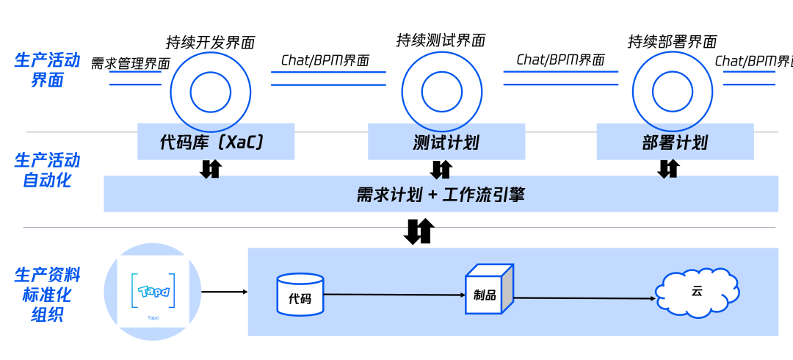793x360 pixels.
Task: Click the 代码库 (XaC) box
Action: [215, 143]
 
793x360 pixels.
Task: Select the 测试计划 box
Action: [446, 143]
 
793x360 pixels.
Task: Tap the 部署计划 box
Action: [675, 143]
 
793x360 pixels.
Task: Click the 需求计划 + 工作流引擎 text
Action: [441, 195]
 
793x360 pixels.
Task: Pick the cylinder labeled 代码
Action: [300, 295]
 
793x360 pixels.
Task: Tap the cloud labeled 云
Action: [697, 292]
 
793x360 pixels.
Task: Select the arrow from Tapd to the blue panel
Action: [224, 292]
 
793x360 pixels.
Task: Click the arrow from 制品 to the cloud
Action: [584, 298]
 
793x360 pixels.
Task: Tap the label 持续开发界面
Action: [210, 43]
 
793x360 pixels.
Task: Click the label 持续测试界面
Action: [441, 40]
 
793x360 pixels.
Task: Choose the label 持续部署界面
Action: [672, 42]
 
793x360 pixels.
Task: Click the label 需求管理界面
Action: [130, 64]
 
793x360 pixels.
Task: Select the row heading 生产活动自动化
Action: [47, 170]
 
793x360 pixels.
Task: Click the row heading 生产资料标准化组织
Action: [47, 295]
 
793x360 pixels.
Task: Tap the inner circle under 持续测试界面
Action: [441, 92]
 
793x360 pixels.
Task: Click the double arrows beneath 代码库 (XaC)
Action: [211, 168]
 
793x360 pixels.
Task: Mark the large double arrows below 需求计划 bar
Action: [419, 231]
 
